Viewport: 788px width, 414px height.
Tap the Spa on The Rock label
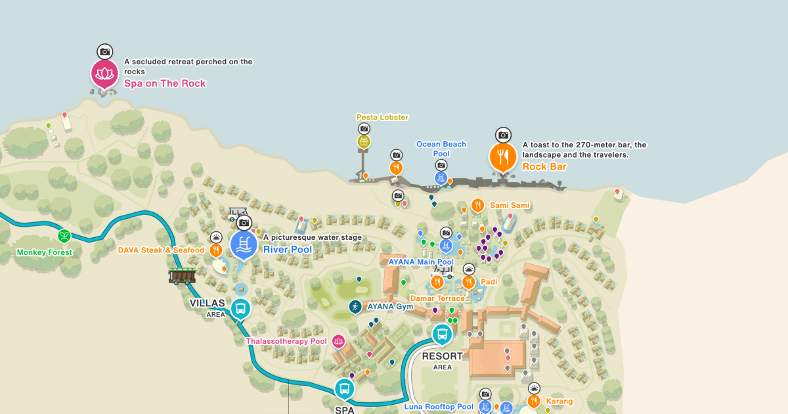165,83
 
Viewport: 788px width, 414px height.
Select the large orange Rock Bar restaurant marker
503,157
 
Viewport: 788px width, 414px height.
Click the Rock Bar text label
544,167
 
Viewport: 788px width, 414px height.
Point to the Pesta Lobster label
382,117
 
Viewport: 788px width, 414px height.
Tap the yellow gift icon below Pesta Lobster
364,141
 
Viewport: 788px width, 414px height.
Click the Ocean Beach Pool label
441,149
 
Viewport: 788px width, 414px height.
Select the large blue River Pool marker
244,244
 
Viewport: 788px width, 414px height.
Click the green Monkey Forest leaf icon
64,236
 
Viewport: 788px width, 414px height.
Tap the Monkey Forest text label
45,252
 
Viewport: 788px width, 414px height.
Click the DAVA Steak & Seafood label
161,250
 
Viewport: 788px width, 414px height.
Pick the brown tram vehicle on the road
182,275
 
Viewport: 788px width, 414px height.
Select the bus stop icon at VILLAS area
241,308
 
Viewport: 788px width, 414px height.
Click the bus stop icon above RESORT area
443,334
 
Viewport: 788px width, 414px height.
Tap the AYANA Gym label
390,306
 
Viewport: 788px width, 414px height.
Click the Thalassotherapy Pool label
286,341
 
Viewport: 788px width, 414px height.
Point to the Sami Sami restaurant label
510,206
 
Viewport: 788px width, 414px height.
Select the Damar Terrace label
437,298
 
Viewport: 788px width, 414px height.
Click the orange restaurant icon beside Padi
468,282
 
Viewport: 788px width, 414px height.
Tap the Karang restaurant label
559,401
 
